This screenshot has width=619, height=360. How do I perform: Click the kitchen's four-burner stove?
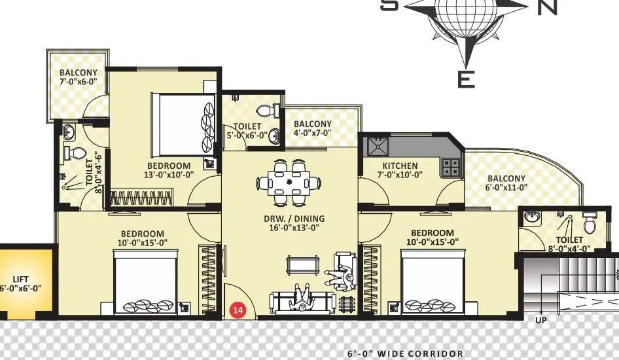pos(451,167)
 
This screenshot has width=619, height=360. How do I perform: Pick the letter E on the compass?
pos(465,80)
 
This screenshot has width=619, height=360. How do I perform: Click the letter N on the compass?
pos(547,7)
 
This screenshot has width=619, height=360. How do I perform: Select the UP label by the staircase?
pos(540,321)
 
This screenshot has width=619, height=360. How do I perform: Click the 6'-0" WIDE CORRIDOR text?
pos(406,353)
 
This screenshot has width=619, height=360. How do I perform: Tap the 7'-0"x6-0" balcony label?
pos(78,77)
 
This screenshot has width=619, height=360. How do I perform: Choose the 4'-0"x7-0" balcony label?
pos(313,128)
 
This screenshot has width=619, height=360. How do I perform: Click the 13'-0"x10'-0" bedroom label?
pos(168,170)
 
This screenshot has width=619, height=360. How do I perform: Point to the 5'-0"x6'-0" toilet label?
pos(246,131)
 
